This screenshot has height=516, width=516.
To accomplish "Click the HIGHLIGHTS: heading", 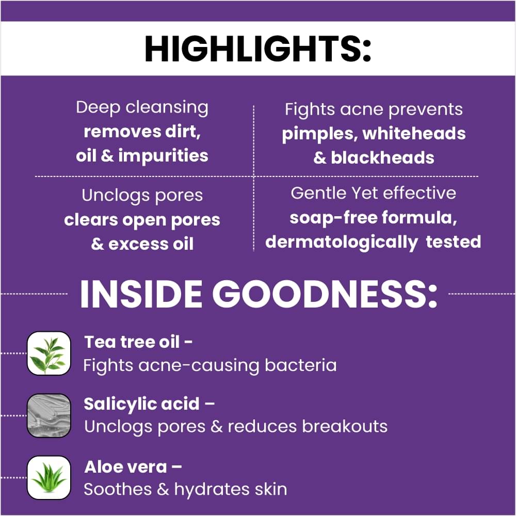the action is click(258, 49).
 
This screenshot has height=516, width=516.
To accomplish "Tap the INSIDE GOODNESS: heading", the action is click(259, 294).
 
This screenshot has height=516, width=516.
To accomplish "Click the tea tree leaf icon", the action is click(49, 353).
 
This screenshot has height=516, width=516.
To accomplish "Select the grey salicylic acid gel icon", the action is click(49, 415).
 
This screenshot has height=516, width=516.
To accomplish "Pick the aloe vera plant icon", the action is click(49, 477).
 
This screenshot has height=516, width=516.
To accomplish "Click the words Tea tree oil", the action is click(132, 342).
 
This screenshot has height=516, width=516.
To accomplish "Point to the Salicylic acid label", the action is click(142, 405).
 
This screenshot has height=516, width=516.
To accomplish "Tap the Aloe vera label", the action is click(126, 467).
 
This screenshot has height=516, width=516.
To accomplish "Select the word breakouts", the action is click(345, 427).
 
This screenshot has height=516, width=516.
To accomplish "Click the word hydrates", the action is click(212, 490).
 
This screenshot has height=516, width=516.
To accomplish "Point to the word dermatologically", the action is click(341, 243).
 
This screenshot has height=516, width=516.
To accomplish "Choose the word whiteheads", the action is click(414, 133).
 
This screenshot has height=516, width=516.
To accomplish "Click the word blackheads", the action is click(382, 157).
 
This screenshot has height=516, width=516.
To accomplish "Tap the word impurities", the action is click(163, 156).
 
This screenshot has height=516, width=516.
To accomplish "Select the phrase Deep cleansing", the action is click(142, 108).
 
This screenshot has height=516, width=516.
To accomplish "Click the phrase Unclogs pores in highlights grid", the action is click(142, 196).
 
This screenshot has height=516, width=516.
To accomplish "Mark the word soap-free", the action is click(333, 218).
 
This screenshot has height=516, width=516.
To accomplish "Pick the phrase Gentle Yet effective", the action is click(374, 193).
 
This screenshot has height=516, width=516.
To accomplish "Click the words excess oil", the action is click(151, 244).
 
